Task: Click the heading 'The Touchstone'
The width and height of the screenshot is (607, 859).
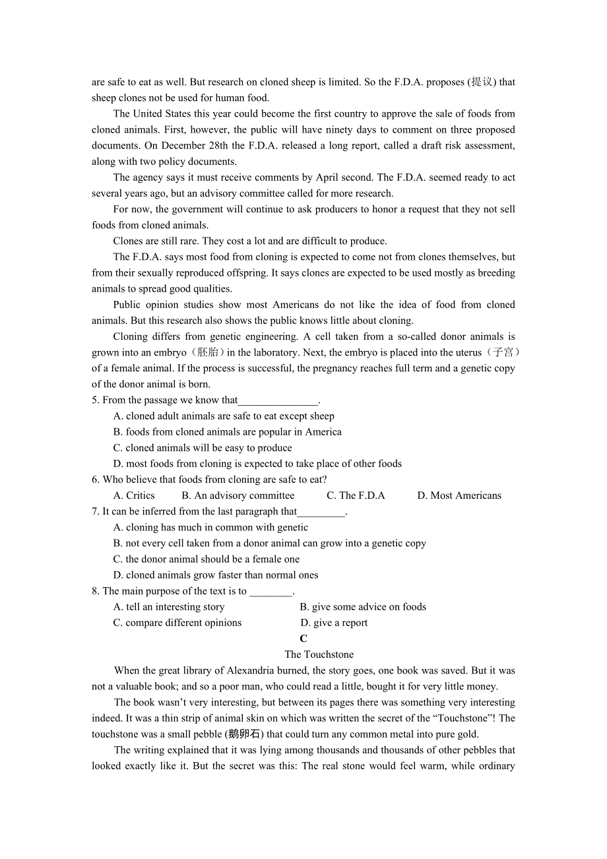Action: pyautogui.click(x=319, y=654)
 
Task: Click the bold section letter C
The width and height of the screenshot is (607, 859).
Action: pyautogui.click(x=303, y=639)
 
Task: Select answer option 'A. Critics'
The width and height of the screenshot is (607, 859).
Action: pyautogui.click(x=134, y=495)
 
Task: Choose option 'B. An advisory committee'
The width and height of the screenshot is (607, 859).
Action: pyautogui.click(x=238, y=495)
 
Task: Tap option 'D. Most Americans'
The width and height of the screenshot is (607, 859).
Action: pyautogui.click(x=459, y=495)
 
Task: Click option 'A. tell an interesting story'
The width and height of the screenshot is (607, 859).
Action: pyautogui.click(x=169, y=607)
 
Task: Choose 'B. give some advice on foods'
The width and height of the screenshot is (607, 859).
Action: pyautogui.click(x=363, y=607)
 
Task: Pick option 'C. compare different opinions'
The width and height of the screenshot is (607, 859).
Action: pyautogui.click(x=177, y=623)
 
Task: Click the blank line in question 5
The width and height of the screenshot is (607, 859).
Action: pyautogui.click(x=278, y=400)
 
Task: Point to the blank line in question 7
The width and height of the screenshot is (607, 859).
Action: pyautogui.click(x=321, y=512)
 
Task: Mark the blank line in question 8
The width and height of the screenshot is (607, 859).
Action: pyautogui.click(x=271, y=592)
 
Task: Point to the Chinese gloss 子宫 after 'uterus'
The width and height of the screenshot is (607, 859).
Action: pyautogui.click(x=503, y=353)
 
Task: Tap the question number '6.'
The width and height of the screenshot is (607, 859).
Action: pyautogui.click(x=96, y=480)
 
